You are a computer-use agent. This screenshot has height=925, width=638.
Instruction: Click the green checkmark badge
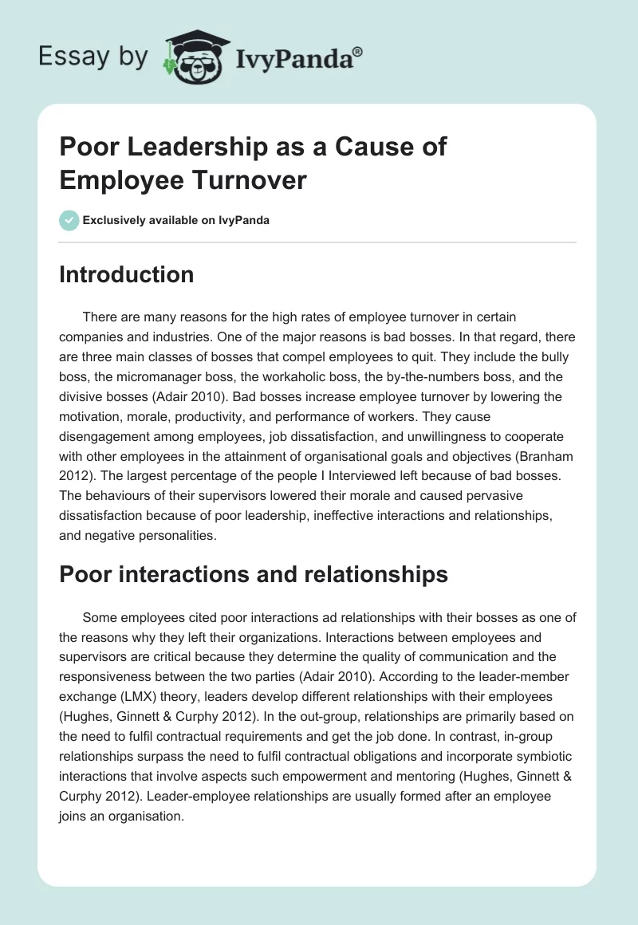(69, 220)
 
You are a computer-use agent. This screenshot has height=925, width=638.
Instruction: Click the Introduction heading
(127, 274)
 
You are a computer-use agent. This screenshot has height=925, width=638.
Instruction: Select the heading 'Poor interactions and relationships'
(254, 574)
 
